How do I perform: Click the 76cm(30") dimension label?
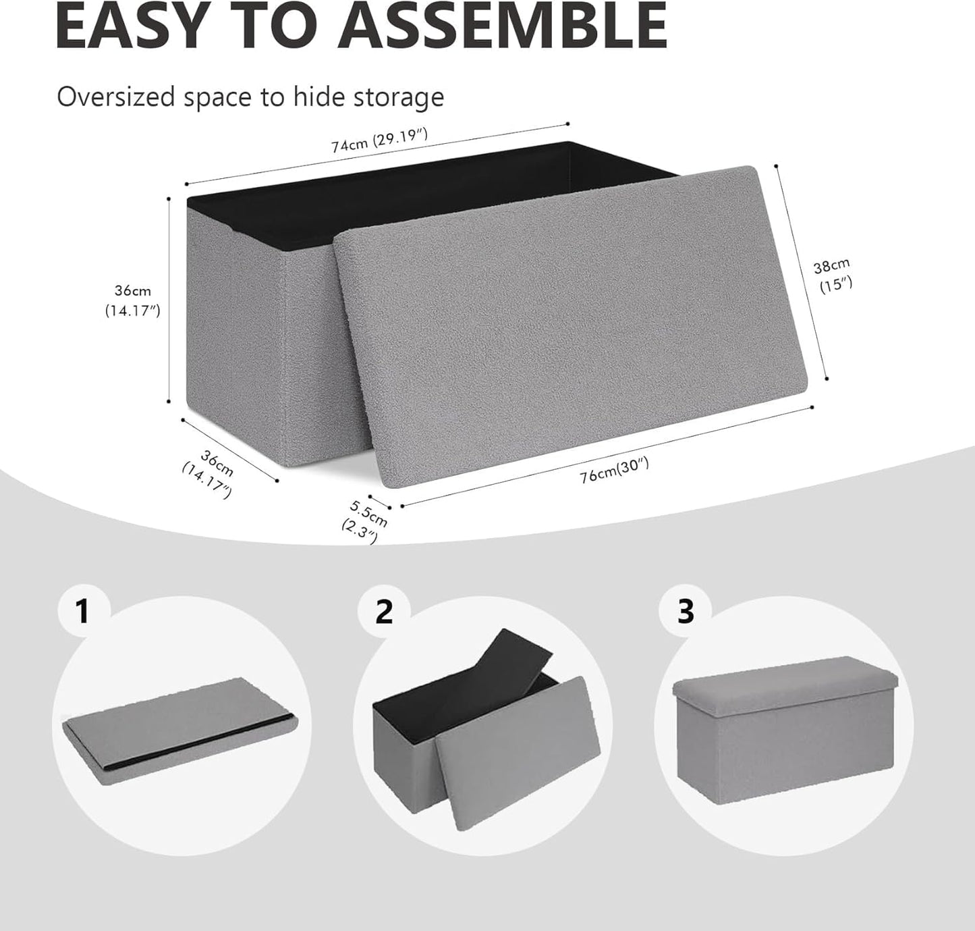tap(613, 470)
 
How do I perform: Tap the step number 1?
tap(82, 612)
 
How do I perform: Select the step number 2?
tap(383, 612)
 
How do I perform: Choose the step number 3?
tap(685, 612)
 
